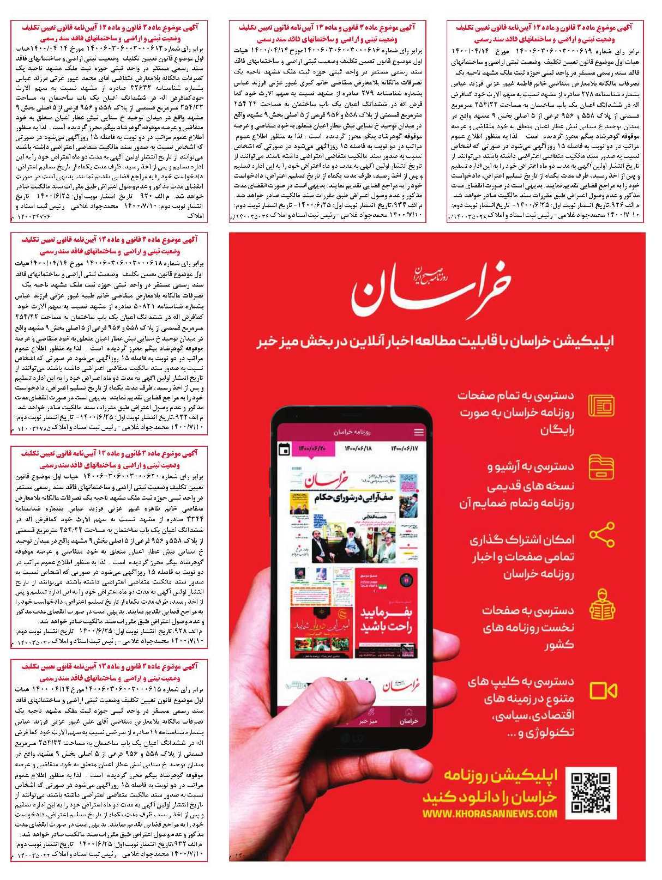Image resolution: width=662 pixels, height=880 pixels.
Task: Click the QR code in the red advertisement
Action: tap(591, 793)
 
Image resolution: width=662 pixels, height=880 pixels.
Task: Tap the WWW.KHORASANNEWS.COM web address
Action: tap(490, 814)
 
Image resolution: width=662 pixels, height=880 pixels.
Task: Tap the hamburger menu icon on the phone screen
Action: tap(418, 432)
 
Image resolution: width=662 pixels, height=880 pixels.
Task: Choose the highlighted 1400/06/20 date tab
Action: tap(312, 448)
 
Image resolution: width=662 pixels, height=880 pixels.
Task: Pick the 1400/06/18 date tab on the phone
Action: tap(358, 448)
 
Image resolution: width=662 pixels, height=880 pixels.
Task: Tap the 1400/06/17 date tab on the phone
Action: tap(404, 448)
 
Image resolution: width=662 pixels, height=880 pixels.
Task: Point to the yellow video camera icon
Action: tap(603, 691)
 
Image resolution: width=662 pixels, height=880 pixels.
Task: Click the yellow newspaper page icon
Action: tap(602, 406)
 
